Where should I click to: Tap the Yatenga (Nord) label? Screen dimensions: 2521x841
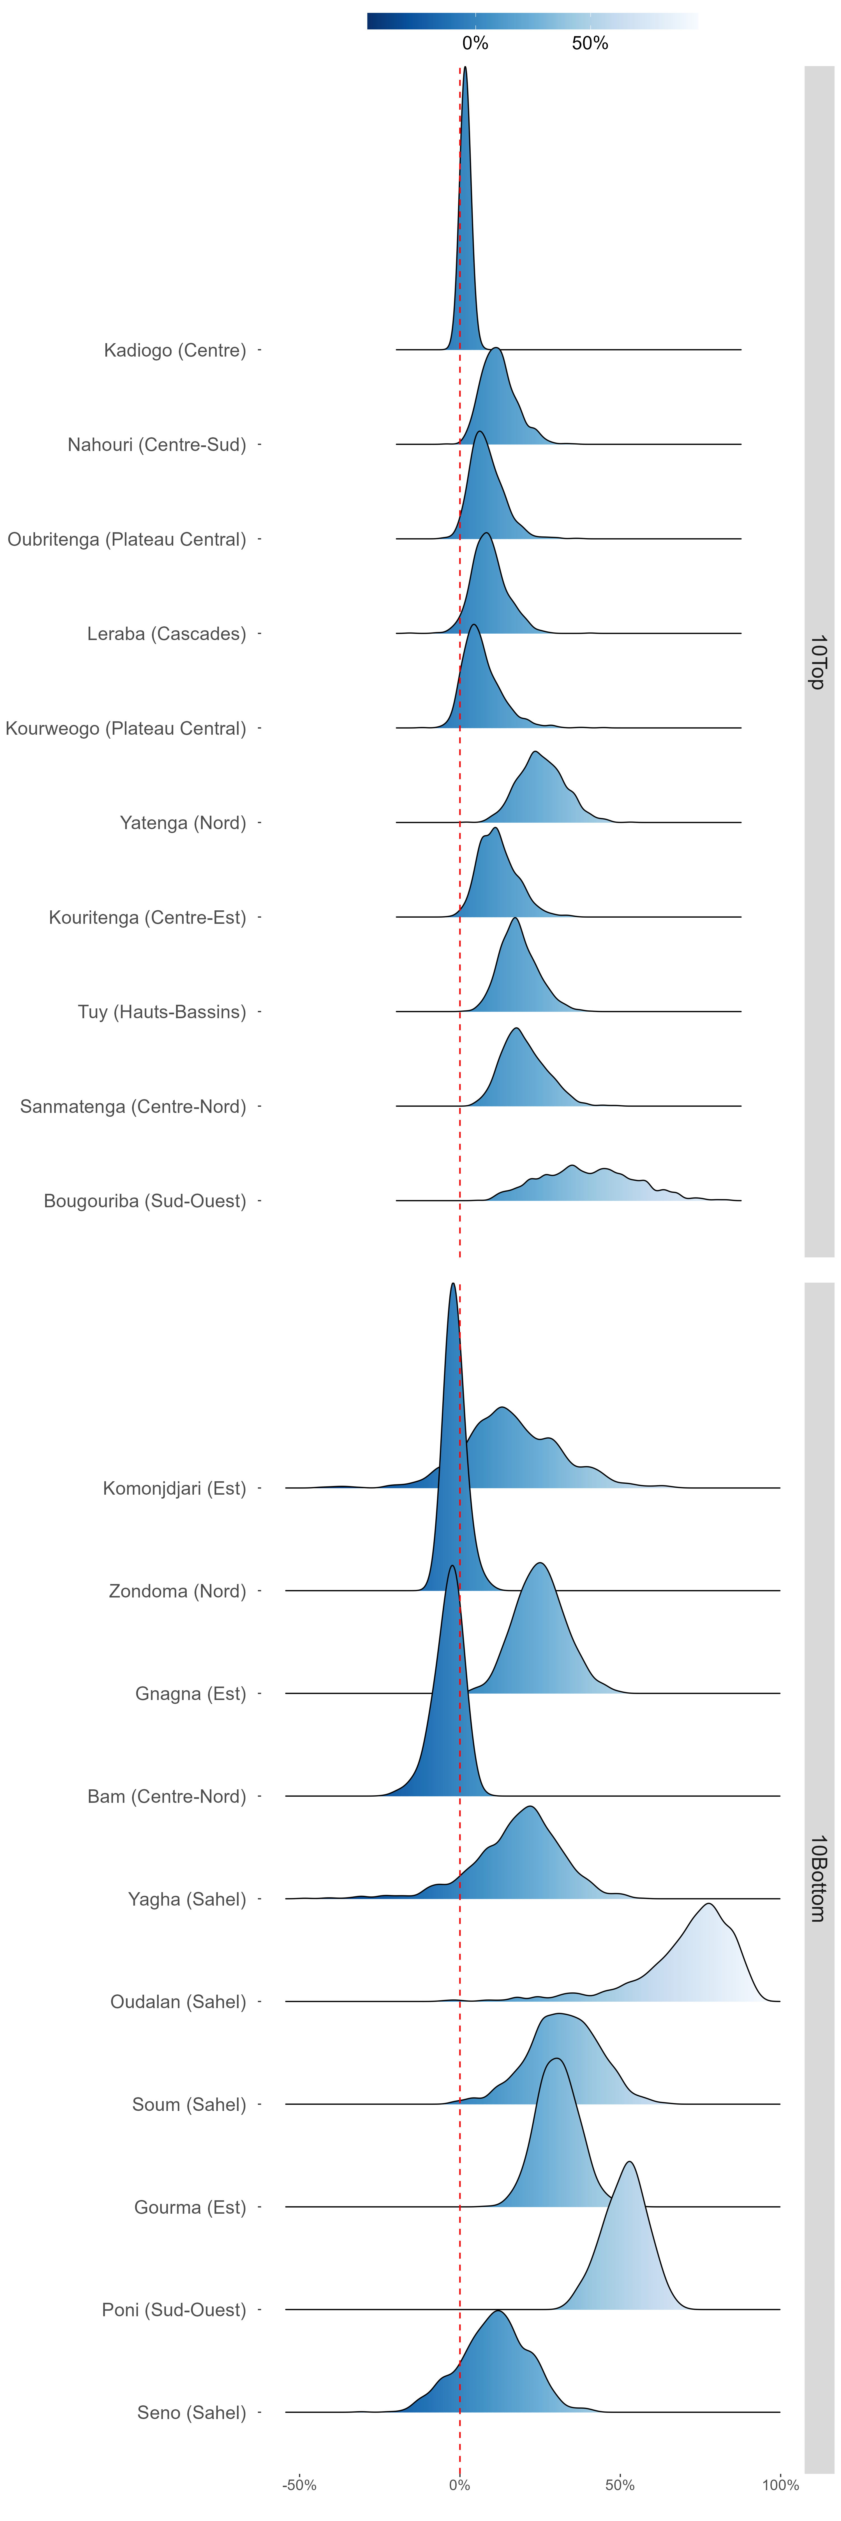(183, 823)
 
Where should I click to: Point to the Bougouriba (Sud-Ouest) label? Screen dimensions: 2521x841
(145, 1201)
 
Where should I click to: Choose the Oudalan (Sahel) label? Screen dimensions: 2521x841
(178, 2001)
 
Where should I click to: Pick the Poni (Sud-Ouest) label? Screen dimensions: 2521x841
(174, 2310)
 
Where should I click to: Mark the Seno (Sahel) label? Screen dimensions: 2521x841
(192, 2412)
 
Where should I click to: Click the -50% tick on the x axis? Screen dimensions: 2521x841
(300, 2485)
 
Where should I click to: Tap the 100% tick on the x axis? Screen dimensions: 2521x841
(780, 2485)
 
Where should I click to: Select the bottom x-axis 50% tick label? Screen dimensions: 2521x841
(620, 2485)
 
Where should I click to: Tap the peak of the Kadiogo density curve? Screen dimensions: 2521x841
(465, 68)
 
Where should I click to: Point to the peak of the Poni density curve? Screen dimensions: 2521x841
(630, 2162)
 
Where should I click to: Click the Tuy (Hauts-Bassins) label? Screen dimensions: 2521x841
(163, 1012)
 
